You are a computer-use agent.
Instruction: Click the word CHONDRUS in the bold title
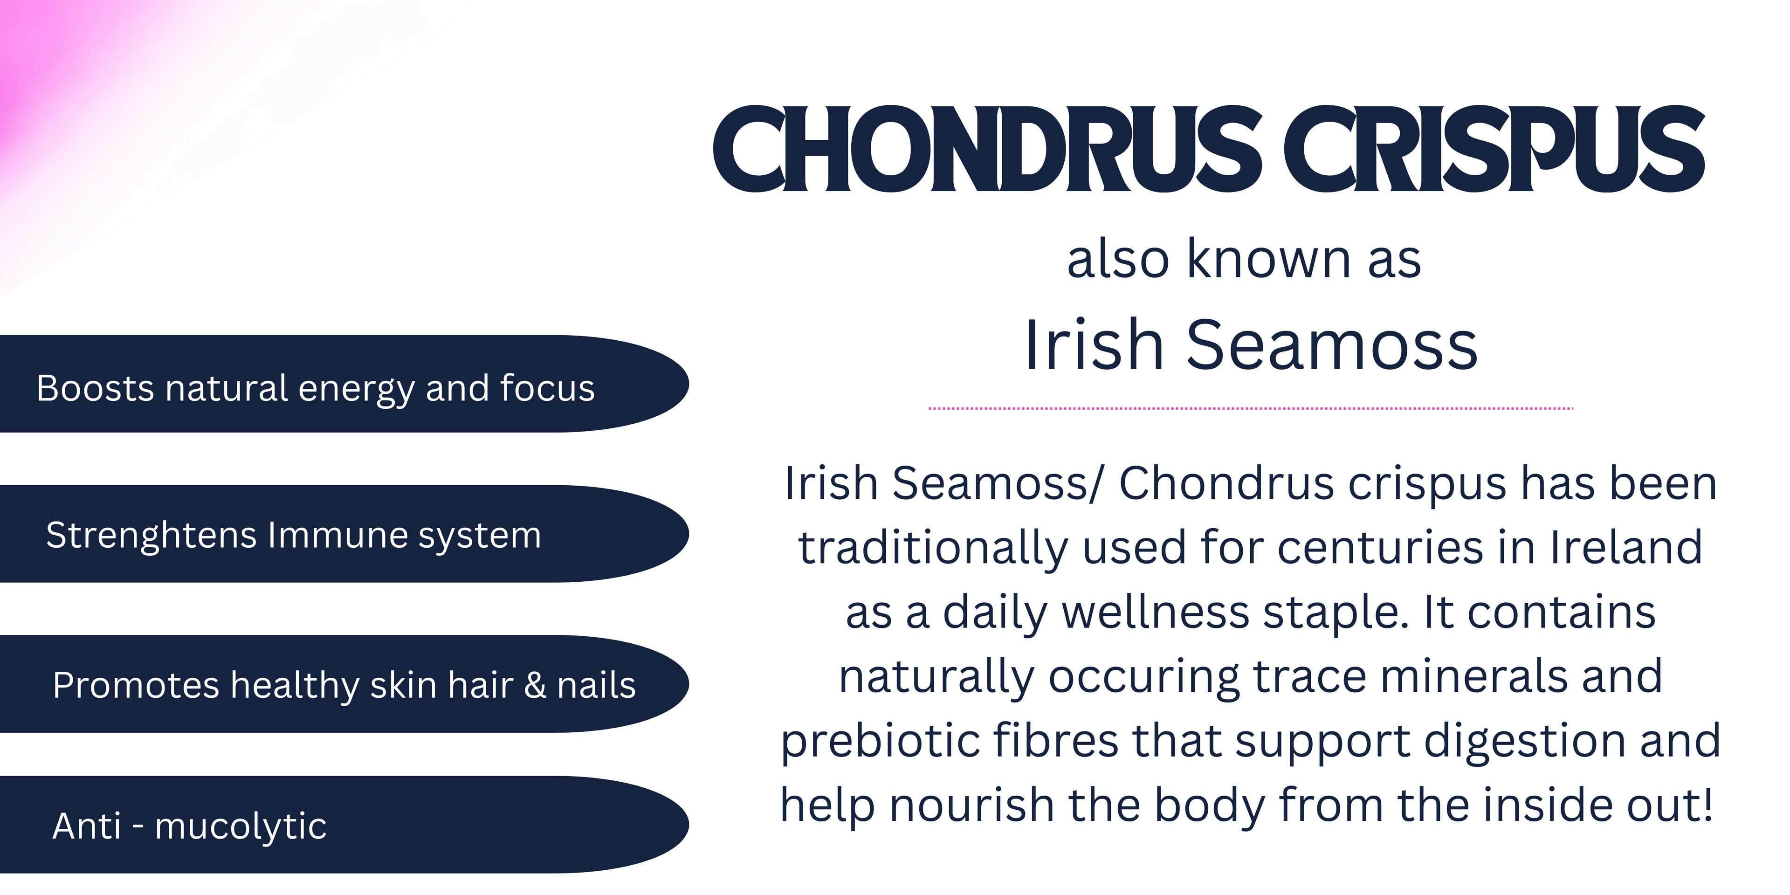987,149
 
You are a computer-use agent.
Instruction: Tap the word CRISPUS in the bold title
1494,149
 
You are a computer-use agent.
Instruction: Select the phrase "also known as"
1244,259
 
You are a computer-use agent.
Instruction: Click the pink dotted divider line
1251,409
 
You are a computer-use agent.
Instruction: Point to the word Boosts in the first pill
95,388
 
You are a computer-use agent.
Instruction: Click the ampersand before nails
535,685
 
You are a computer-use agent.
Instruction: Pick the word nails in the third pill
596,685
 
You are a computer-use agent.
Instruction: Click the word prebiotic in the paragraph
881,742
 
